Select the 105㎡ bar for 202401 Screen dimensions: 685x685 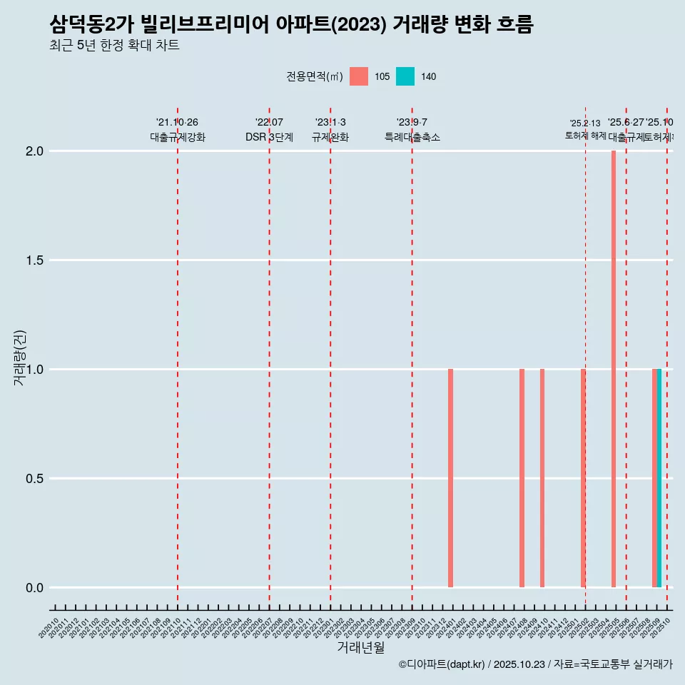click(x=451, y=478)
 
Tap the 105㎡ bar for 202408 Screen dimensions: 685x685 click(x=522, y=478)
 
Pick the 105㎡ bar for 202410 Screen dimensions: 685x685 click(x=542, y=478)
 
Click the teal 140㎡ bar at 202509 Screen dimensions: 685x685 click(x=659, y=478)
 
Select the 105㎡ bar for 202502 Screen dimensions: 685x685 click(x=583, y=478)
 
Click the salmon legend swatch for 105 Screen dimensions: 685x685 click(x=359, y=76)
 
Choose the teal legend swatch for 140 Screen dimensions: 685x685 click(x=405, y=76)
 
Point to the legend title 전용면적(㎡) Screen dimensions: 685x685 click(x=315, y=77)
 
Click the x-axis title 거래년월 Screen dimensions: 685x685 click(x=360, y=648)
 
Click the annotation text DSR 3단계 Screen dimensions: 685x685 click(x=269, y=137)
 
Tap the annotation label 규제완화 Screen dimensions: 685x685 click(x=330, y=137)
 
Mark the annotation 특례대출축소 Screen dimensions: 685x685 click(x=412, y=137)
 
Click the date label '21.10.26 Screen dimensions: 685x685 click(x=177, y=122)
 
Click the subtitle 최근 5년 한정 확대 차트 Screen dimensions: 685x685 click(x=114, y=46)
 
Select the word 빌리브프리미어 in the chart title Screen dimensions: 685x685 click(x=207, y=25)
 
